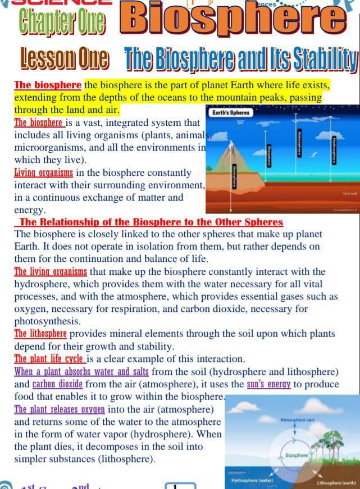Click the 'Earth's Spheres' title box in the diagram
pyautogui.click(x=230, y=112)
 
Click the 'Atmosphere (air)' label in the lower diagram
pyautogui.click(x=297, y=420)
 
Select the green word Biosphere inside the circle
pyautogui.click(x=297, y=455)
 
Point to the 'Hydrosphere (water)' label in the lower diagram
pyautogui.click(x=252, y=481)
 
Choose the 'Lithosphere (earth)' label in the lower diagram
pyautogui.click(x=336, y=483)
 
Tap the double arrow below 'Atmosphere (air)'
pyautogui.click(x=297, y=432)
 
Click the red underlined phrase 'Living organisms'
pyautogui.click(x=43, y=173)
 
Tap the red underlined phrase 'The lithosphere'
pyautogui.click(x=40, y=334)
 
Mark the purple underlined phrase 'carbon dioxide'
pyautogui.click(x=57, y=384)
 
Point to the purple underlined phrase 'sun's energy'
pyautogui.click(x=268, y=384)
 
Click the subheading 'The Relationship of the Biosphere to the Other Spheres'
pyautogui.click(x=151, y=223)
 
